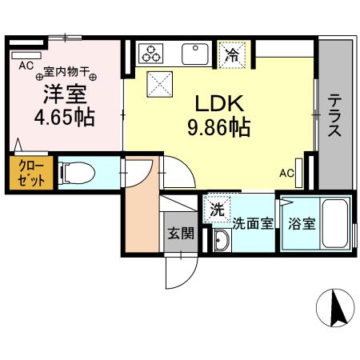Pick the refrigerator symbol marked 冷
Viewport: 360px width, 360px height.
point(232,54)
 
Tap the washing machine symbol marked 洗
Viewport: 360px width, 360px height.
point(218,210)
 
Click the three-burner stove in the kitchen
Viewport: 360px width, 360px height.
point(150,54)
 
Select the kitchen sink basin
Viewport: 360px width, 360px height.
point(194,54)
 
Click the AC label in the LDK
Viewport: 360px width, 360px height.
point(286,171)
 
